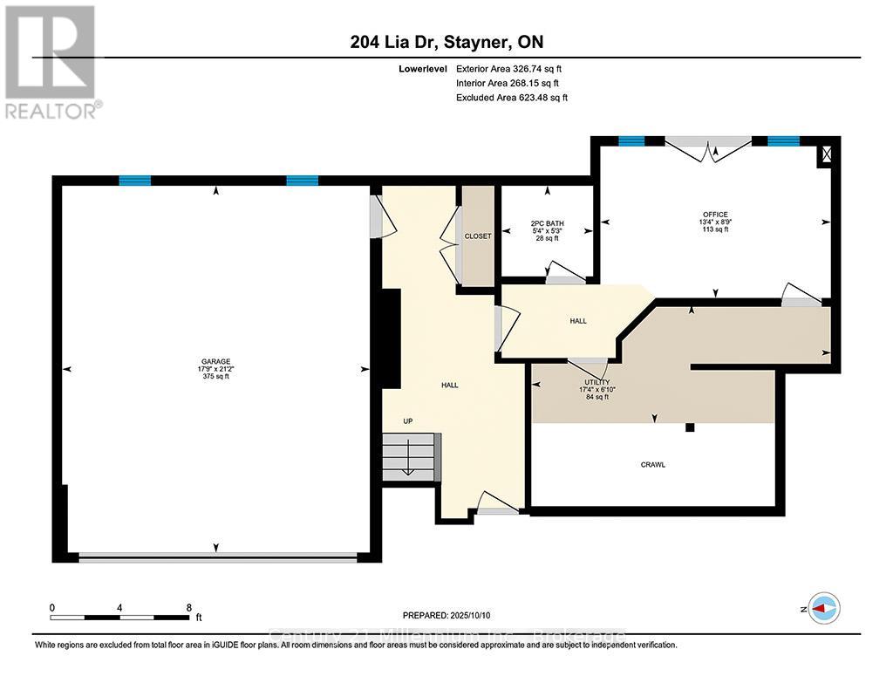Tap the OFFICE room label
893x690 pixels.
click(x=715, y=215)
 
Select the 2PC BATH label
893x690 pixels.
click(x=548, y=224)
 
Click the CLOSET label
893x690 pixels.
click(x=477, y=236)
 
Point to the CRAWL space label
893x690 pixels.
click(x=652, y=465)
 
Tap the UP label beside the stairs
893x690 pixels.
click(x=407, y=421)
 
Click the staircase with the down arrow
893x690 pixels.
click(x=411, y=454)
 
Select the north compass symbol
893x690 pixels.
click(x=824, y=607)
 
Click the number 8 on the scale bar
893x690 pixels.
click(x=188, y=607)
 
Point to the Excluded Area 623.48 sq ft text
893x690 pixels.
click(x=512, y=98)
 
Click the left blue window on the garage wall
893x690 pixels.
click(x=134, y=181)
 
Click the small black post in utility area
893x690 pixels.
click(x=689, y=427)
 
